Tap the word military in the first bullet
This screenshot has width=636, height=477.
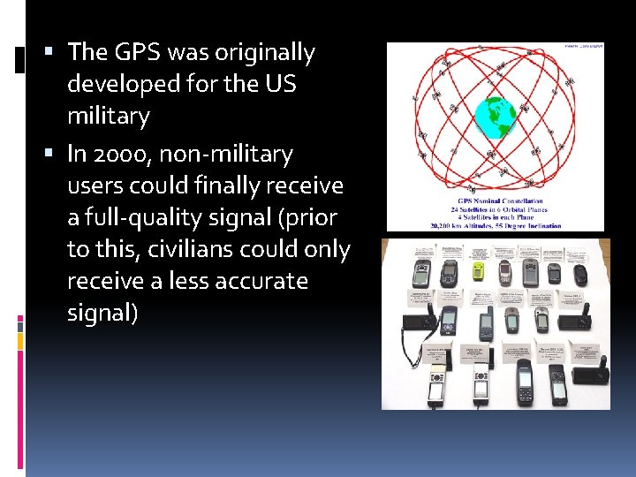pos(108,116)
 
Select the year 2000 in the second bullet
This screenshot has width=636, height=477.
pos(122,155)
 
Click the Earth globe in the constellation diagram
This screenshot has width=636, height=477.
pos(496,115)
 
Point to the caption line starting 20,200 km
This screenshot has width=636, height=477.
pos(495,225)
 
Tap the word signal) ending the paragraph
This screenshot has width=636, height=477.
pos(102,313)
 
